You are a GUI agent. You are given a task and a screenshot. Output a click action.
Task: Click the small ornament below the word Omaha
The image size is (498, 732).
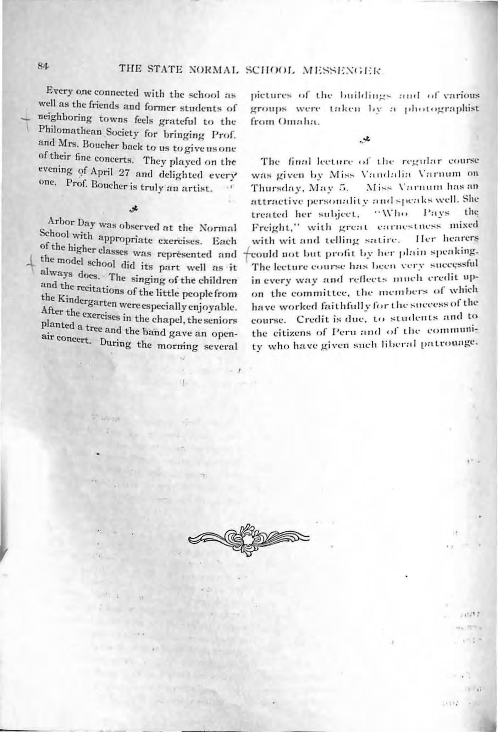365,140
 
